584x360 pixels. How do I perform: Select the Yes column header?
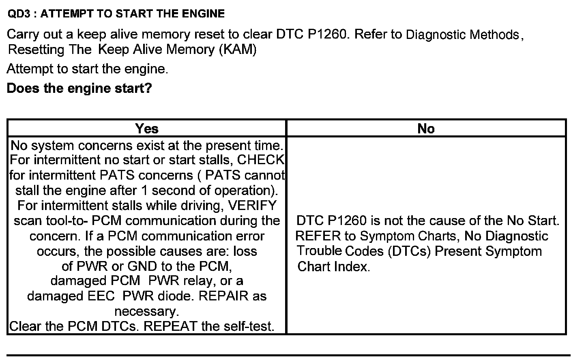click(x=147, y=129)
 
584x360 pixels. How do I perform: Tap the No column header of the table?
click(x=426, y=129)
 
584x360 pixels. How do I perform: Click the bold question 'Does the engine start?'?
click(x=79, y=88)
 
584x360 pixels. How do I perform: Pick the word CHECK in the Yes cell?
click(x=261, y=160)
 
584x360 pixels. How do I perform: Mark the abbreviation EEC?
click(x=101, y=296)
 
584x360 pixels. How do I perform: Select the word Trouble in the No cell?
click(x=319, y=251)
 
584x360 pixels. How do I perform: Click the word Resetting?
click(x=36, y=49)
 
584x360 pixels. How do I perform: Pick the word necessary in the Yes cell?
click(x=146, y=311)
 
